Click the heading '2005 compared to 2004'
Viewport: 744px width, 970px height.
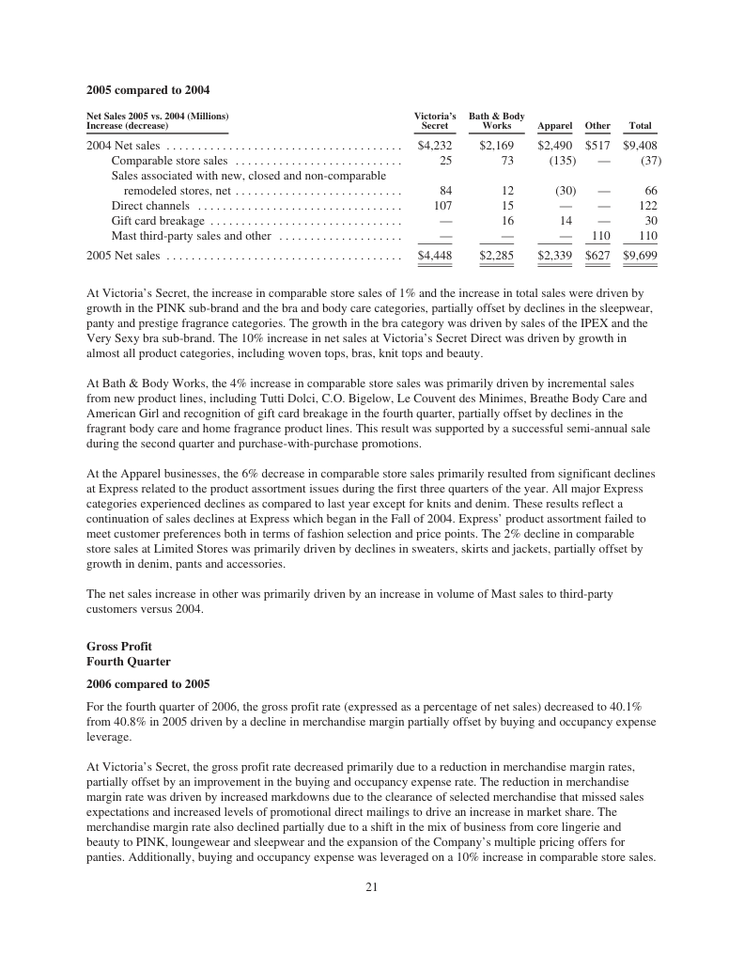[147, 90]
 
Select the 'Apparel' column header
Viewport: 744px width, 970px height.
[555, 126]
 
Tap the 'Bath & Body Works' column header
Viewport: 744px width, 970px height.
[496, 120]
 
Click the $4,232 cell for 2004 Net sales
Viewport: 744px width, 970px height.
[434, 146]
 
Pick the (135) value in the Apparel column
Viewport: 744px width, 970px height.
[562, 161]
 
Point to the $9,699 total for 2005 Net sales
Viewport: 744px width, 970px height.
[640, 255]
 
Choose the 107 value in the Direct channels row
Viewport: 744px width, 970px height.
[442, 206]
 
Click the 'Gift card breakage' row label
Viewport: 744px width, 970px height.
[158, 221]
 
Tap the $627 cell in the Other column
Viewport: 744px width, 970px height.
[597, 255]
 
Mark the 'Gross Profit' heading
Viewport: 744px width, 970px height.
[119, 647]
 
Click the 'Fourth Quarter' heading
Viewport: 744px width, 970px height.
[128, 662]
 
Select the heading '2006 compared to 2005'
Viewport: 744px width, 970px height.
[147, 683]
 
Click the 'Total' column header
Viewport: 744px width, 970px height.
[640, 126]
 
